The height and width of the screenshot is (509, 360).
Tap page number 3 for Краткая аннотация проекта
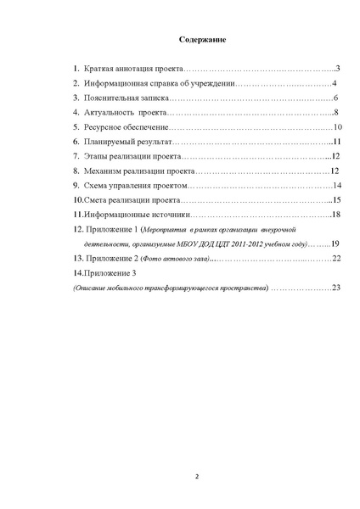pyautogui.click(x=337, y=68)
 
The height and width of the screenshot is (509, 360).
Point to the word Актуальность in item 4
pyautogui.click(x=109, y=112)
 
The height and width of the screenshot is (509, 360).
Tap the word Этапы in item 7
pyautogui.click(x=96, y=157)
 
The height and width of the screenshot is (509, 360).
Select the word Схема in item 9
pyautogui.click(x=97, y=186)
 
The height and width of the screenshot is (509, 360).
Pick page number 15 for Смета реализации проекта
pyautogui.click(x=336, y=200)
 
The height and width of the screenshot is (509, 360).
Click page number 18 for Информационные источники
pyautogui.click(x=336, y=215)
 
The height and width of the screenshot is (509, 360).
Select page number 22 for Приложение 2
pyautogui.click(x=336, y=259)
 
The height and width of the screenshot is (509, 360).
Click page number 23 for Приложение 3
pyautogui.click(x=336, y=288)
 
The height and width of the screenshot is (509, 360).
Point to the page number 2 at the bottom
pyautogui.click(x=197, y=477)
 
